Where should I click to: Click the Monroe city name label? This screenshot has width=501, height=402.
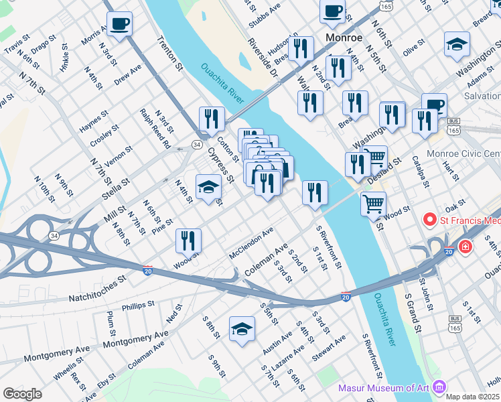343,38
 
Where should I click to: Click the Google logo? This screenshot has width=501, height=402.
22,394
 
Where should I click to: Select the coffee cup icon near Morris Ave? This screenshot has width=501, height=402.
119,24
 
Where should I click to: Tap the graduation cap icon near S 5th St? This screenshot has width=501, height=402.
242,329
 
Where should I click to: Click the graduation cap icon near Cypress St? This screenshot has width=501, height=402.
208,187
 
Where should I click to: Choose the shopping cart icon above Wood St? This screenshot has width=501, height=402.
373,202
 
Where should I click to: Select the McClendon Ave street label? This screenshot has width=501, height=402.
251,243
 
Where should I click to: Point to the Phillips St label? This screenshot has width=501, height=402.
138,306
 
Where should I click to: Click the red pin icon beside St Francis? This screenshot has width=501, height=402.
429,220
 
